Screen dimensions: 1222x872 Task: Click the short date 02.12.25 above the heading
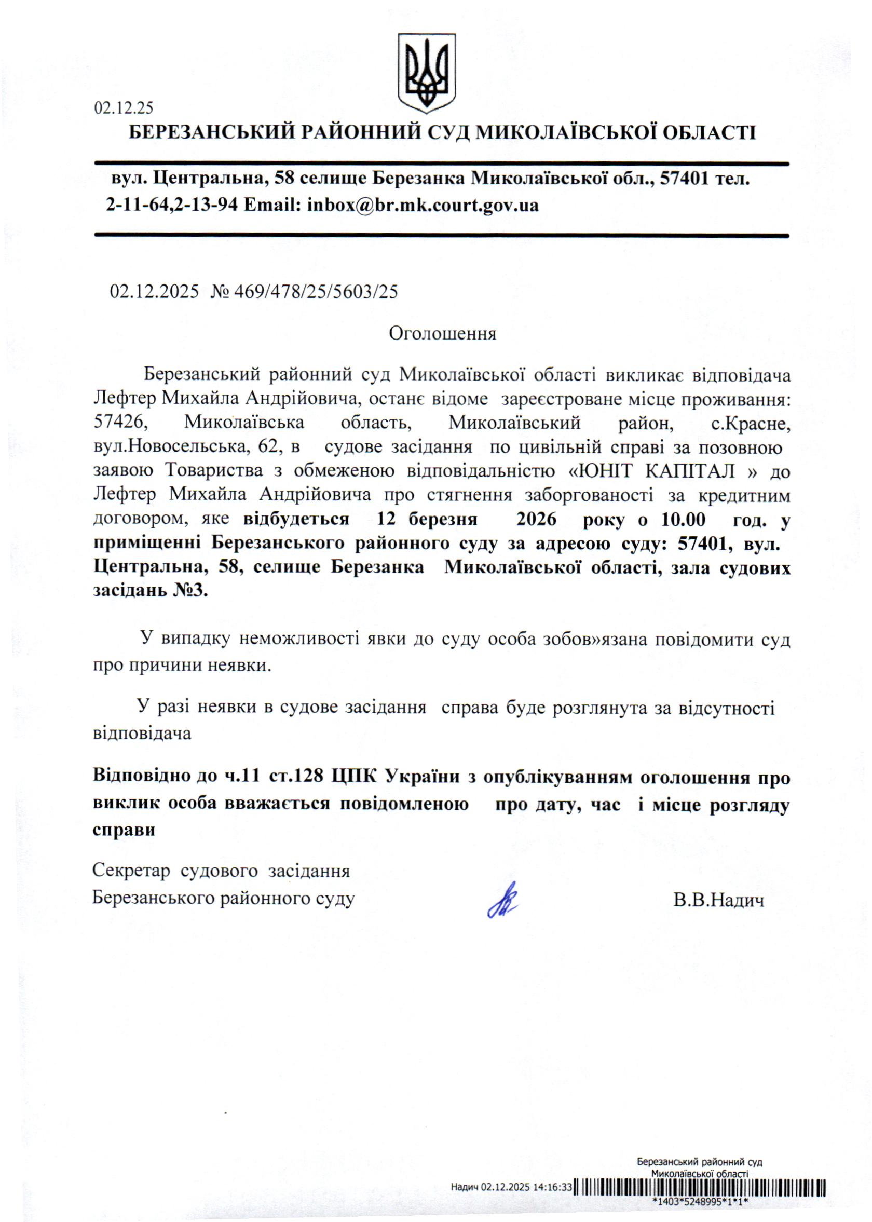coord(124,108)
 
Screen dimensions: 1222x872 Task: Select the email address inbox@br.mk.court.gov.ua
coord(423,205)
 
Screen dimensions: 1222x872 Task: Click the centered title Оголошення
coord(442,333)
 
